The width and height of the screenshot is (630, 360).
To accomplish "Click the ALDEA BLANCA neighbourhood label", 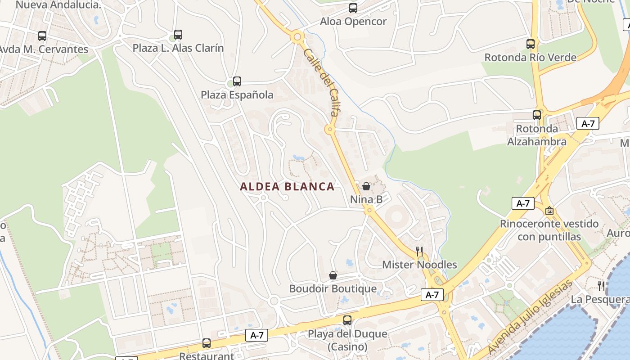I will point(287,187).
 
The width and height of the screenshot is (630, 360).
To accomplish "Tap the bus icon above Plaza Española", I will point(237,81).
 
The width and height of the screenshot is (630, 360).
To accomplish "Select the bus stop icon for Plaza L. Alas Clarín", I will point(178,35).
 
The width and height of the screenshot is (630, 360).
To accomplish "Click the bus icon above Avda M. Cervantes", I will point(42,36).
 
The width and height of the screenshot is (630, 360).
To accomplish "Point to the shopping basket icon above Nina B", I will point(366,186).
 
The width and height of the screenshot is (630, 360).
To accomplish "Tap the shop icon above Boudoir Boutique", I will point(333,275).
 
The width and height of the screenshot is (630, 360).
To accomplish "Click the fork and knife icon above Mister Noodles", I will point(419,251).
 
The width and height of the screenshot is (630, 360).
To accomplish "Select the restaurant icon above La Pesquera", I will point(601,286).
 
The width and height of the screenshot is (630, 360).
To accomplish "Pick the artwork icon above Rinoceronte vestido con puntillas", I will point(549,210).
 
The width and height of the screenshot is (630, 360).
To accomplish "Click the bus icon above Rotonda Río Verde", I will point(531,44).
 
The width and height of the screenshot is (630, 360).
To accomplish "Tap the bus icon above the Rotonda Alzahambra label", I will point(537,115).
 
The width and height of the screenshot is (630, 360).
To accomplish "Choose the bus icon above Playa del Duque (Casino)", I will point(347,320).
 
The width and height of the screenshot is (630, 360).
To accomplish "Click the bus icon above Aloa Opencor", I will point(353,8).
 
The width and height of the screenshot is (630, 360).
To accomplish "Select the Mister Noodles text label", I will point(419,265).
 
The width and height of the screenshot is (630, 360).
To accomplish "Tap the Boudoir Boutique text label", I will point(333,289).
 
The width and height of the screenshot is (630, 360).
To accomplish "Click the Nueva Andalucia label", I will point(58,5).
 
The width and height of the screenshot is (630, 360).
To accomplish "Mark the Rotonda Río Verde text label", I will point(530,58).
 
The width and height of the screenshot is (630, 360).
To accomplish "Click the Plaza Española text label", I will point(237,95).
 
